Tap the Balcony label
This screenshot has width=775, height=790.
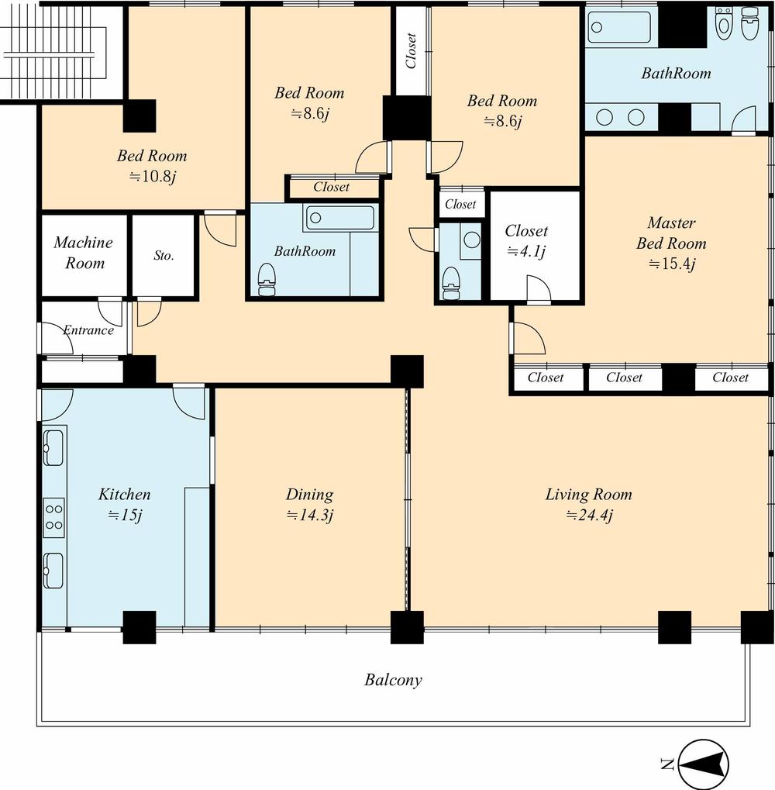394,681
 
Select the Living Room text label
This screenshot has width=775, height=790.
588,495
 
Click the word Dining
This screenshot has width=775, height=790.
309,495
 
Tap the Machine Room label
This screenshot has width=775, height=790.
84,253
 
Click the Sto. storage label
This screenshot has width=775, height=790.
164,254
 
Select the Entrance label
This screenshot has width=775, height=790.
88,330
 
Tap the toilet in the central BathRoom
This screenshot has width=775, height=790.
267,280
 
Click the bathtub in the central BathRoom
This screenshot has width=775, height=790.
339,218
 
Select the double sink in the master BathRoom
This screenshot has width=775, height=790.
621,117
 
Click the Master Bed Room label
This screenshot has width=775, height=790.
671,233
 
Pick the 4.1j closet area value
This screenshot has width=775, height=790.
526,251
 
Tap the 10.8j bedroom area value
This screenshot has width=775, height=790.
152,177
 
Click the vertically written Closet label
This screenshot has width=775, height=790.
411,50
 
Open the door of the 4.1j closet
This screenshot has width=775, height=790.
538,290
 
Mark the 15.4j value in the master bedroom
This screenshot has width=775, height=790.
671,264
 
